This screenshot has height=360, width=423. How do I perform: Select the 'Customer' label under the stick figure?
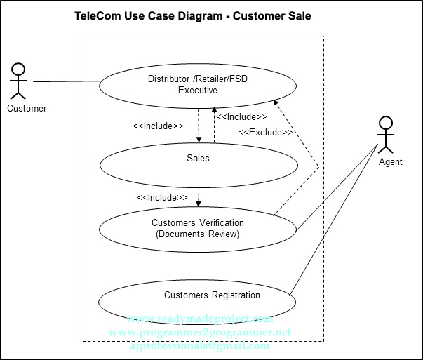27,108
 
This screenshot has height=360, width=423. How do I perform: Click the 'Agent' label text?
390,161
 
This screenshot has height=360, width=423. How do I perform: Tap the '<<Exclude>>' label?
265,132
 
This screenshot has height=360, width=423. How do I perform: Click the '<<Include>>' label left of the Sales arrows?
158,126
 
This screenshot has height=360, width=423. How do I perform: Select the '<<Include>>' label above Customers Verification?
162,198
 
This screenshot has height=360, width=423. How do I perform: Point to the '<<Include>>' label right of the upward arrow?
241,117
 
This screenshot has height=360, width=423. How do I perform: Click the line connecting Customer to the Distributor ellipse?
67,82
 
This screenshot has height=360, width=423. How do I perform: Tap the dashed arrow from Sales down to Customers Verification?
199,196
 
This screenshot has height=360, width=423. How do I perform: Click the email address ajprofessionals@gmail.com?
200,346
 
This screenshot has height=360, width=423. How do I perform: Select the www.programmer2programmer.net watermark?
200,331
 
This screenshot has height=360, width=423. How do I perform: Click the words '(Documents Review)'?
198,234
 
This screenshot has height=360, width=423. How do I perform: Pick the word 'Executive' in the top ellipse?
197,90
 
